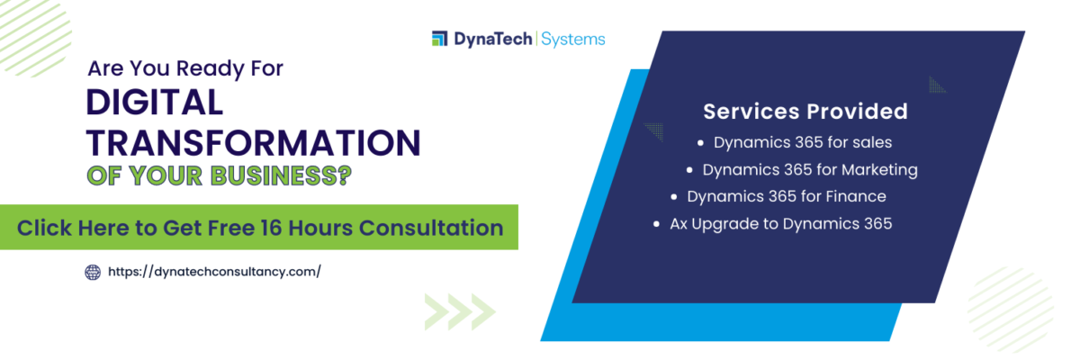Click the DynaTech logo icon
[x=439, y=39]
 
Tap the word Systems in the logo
[x=573, y=39]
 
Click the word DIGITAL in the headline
[x=154, y=103]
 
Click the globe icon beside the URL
[x=93, y=271]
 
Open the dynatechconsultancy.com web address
[x=214, y=271]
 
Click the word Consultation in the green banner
[x=431, y=227]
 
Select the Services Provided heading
[x=805, y=112]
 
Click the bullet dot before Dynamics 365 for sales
[x=701, y=142]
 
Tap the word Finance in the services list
[x=854, y=196]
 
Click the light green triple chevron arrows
[x=460, y=311]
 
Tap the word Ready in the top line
[x=210, y=68]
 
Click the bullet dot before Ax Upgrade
[x=657, y=223]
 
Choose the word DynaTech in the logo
[x=491, y=39]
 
